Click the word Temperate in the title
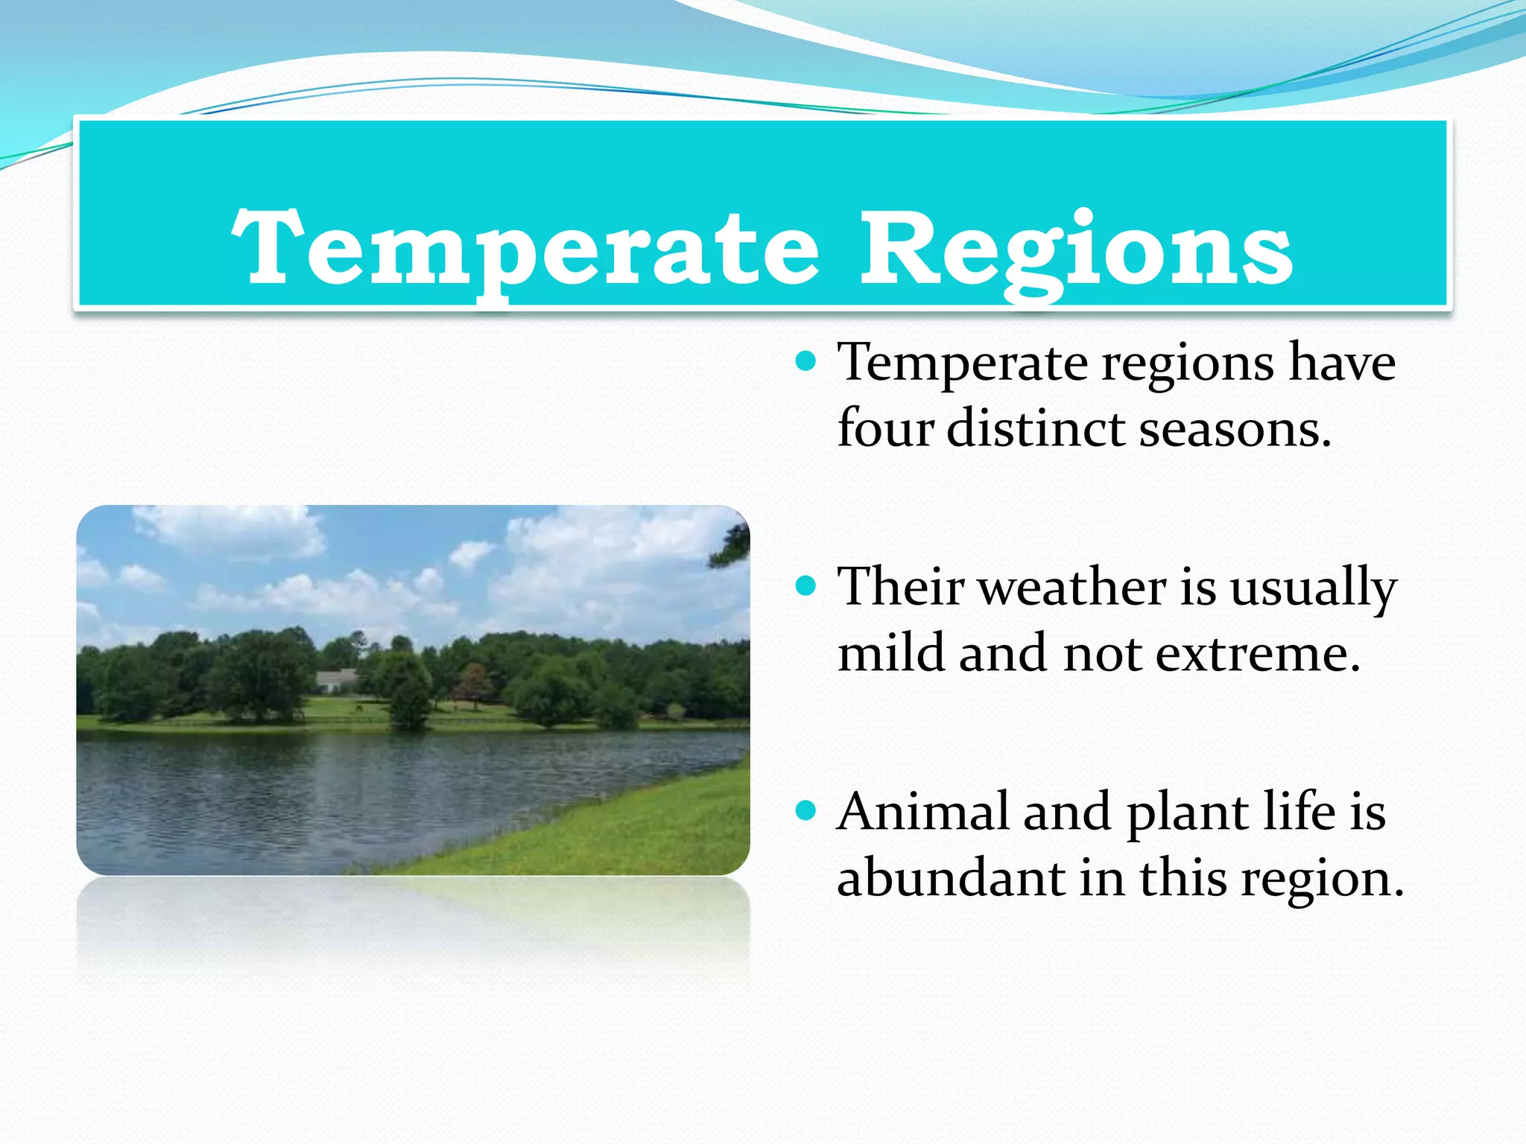(526, 250)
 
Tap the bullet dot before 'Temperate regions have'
(805, 363)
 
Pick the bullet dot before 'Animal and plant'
(805, 810)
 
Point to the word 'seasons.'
(1235, 430)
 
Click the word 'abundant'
(950, 878)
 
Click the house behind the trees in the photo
(337, 679)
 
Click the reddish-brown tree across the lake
(474, 683)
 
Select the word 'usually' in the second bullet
(1313, 589)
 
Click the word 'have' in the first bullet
(1342, 363)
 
